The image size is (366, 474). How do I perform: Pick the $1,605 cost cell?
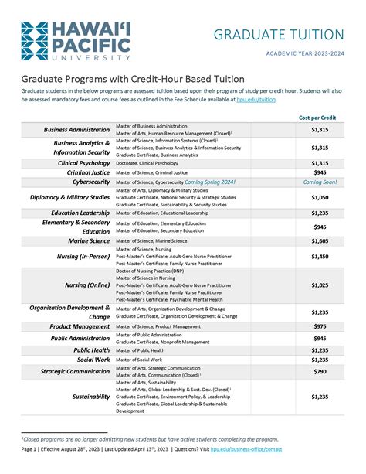coord(319,240)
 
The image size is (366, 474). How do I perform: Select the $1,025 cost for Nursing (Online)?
coord(319,285)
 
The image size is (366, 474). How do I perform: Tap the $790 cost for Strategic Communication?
coord(319,371)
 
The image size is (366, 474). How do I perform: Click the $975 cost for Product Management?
coord(319,326)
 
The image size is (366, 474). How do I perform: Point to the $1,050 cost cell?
coord(319,197)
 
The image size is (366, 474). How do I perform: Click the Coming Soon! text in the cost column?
coord(319,182)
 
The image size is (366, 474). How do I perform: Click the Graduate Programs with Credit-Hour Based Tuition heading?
coord(133,79)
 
